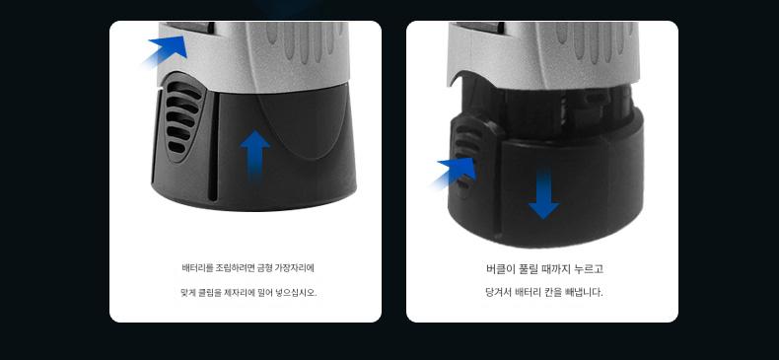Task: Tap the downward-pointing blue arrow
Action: (x=543, y=194)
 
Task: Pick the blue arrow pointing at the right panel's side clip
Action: (x=455, y=173)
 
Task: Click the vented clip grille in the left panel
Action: (x=180, y=117)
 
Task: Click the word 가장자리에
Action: (x=296, y=268)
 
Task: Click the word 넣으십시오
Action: (x=296, y=292)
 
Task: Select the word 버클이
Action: (x=500, y=269)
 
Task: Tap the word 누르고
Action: (x=589, y=269)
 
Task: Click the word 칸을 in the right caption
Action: (x=554, y=292)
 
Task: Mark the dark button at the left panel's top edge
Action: (x=190, y=28)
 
